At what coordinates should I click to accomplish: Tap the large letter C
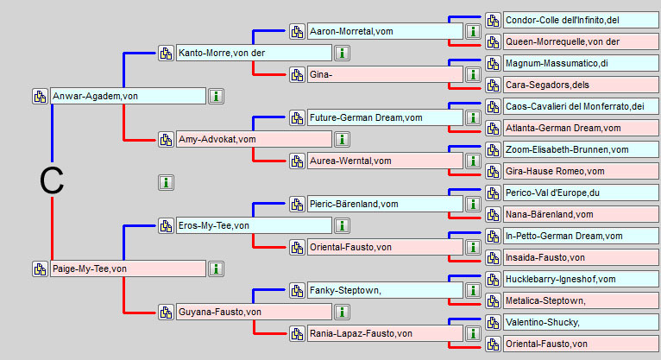pyautogui.click(x=53, y=181)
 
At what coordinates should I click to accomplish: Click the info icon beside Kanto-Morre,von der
pyautogui.click(x=342, y=54)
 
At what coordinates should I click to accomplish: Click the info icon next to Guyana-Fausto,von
pyautogui.click(x=342, y=312)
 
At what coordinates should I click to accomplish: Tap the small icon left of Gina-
pyautogui.click(x=297, y=75)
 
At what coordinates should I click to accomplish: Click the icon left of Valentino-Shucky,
pyautogui.click(x=493, y=323)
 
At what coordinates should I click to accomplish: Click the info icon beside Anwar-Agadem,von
pyautogui.click(x=216, y=96)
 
